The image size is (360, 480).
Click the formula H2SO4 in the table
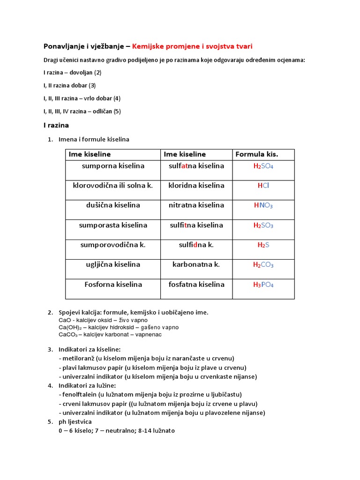pos(263,166)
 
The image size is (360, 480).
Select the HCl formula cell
pos(263,186)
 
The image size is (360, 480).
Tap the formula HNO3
pos(263,205)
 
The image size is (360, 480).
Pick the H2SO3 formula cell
pos(263,225)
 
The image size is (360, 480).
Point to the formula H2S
pos(263,245)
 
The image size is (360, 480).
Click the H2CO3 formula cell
pos(263,265)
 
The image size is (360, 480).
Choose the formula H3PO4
pos(263,285)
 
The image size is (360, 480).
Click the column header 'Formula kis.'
pos(256,154)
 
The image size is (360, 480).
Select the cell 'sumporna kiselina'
pos(113,166)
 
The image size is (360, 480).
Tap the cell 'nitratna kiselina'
pos(196,205)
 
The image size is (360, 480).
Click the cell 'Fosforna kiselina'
pos(113,285)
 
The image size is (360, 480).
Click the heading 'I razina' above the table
pos(56,125)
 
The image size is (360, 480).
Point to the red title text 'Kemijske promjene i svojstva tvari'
pos(195,46)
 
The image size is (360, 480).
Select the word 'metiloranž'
pos(77,358)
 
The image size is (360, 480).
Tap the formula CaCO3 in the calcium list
pos(69,335)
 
